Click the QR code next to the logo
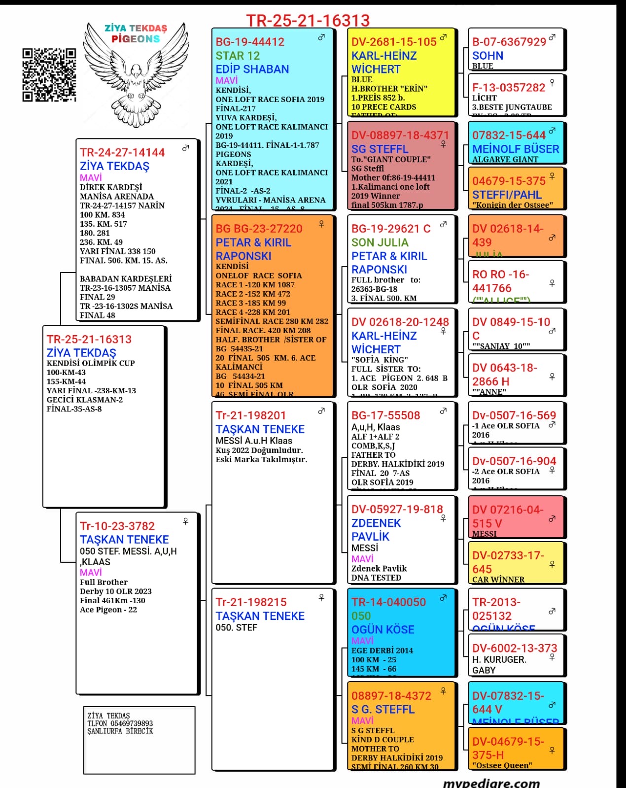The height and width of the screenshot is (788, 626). click(x=49, y=75)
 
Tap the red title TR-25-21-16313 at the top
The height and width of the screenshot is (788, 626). click(x=308, y=20)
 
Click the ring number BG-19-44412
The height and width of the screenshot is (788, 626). click(x=250, y=42)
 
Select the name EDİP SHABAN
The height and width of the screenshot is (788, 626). click(x=252, y=69)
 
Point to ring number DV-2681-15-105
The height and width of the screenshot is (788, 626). click(x=393, y=42)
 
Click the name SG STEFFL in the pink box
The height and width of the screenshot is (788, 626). click(x=380, y=149)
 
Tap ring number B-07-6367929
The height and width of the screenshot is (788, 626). click(x=509, y=42)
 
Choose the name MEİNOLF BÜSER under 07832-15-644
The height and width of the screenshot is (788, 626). click(x=515, y=149)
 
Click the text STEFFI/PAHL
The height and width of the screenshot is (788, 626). click(x=506, y=195)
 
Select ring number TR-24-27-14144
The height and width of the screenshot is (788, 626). click(x=122, y=152)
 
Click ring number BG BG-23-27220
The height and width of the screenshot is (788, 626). click(x=259, y=229)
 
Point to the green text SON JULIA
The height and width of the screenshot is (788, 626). click(x=380, y=242)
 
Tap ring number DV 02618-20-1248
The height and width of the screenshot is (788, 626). click(x=400, y=322)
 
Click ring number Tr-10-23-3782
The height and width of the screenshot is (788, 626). click(x=117, y=526)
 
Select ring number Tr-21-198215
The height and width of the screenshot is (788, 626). click(x=251, y=602)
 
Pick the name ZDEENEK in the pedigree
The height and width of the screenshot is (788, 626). click(x=376, y=523)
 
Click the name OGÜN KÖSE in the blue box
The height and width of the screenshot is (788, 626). click(x=383, y=629)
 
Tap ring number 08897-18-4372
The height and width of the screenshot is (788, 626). click(x=391, y=695)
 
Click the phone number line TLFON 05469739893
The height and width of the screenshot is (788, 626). click(x=120, y=723)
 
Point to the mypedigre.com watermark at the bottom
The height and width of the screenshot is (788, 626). click(x=491, y=783)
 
